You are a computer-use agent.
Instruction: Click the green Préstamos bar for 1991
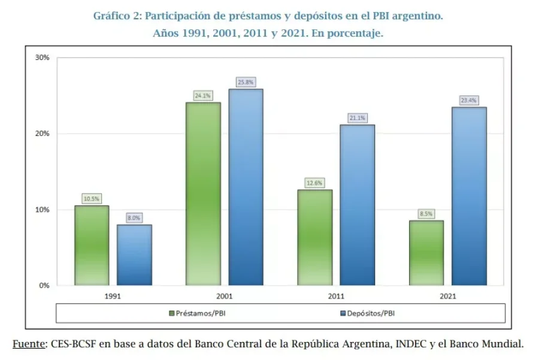[x=92, y=246]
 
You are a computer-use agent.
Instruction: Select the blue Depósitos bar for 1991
[x=134, y=255]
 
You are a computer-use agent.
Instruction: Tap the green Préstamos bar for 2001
[x=203, y=194]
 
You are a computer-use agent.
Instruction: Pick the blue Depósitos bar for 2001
[x=246, y=187]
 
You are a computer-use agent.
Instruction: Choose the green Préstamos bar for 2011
[x=315, y=238]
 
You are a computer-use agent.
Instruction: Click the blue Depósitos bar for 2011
[x=358, y=205]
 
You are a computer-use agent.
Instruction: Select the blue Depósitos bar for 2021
[x=469, y=196]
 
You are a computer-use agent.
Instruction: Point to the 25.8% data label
[x=246, y=81]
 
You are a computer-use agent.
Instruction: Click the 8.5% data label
[x=426, y=213]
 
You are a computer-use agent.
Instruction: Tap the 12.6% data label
[x=315, y=183]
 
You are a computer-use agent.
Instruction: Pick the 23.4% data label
[x=469, y=100]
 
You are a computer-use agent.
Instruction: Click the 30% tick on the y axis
[x=43, y=58]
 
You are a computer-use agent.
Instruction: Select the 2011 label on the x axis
[x=336, y=296]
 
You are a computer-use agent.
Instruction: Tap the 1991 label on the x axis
[x=113, y=296]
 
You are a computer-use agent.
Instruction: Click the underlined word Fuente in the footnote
[x=28, y=344]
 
